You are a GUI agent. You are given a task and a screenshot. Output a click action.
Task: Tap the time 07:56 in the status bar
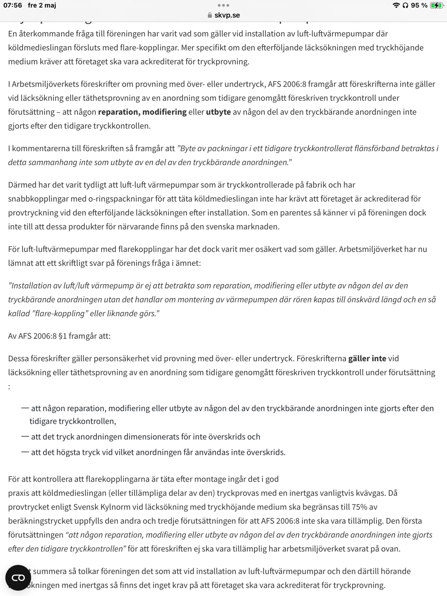pos(13,5)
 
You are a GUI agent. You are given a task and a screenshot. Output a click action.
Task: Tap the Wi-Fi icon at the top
pos(396,5)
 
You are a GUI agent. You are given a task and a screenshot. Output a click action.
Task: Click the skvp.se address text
pos(227,15)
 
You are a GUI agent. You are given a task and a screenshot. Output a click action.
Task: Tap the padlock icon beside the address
pos(210,15)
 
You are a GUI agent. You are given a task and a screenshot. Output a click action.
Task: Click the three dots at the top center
pos(223,5)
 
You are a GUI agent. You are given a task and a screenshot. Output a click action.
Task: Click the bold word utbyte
pos(218,112)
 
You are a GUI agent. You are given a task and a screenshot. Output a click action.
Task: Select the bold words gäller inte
pos(367,358)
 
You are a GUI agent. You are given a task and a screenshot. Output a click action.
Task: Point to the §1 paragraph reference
pos(63,336)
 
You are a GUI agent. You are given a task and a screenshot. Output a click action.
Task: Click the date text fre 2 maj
pos(42,5)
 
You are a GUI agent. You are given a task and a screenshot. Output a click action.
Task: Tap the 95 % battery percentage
pos(419,5)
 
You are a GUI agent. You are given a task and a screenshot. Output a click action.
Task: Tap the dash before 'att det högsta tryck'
pos(25,452)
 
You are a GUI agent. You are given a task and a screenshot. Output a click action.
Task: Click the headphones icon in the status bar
pos(405,5)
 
